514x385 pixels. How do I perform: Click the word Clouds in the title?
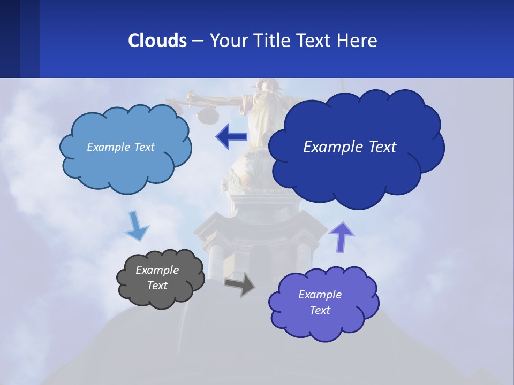[157, 41]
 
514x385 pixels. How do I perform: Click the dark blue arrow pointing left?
[231, 136]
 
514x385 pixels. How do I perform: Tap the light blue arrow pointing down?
[137, 227]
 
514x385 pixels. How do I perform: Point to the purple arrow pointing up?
[341, 237]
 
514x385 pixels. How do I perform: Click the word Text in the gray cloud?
[157, 286]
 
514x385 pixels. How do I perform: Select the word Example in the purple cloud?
[320, 295]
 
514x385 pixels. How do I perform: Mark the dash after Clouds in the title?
[198, 41]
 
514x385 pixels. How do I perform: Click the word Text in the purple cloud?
[320, 310]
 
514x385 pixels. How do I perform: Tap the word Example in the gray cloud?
[157, 270]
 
